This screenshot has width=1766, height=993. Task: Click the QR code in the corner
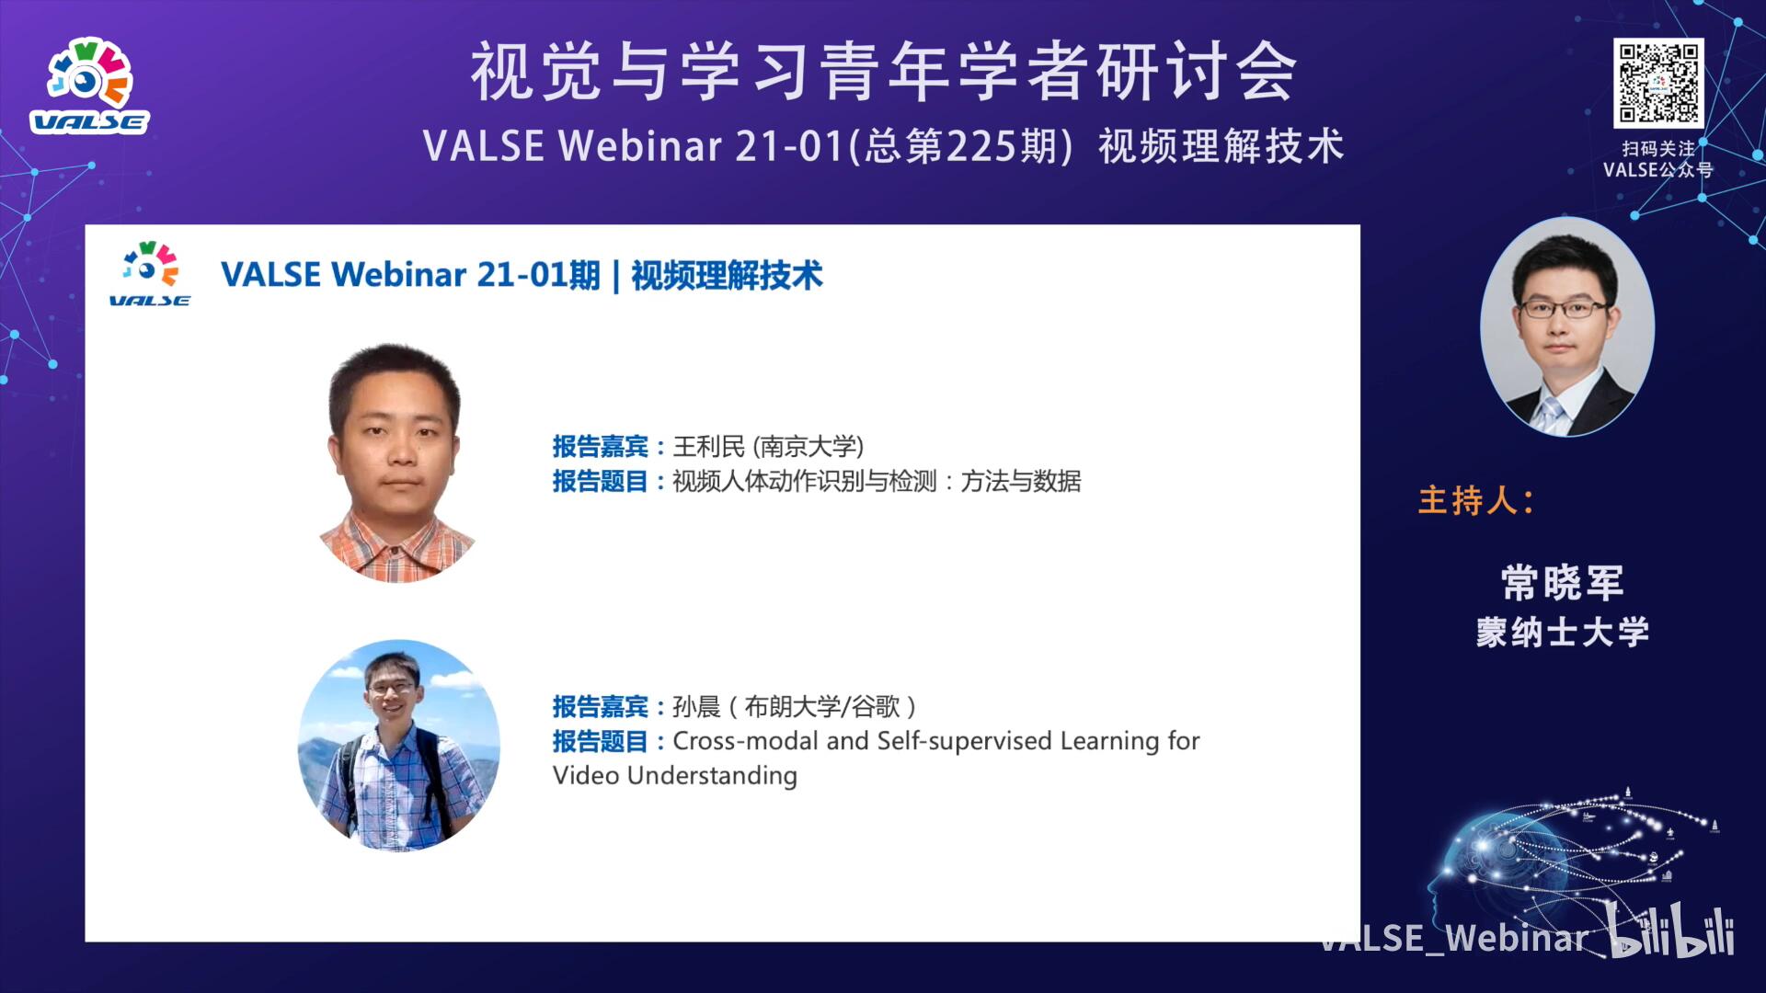coord(1658,83)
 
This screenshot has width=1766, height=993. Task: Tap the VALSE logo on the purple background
coord(89,86)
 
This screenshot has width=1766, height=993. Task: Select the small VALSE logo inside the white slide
coord(150,274)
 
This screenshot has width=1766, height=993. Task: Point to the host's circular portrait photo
coord(1567,326)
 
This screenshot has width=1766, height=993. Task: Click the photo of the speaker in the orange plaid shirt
coord(396,462)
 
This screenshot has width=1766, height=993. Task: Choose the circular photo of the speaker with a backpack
coord(399,745)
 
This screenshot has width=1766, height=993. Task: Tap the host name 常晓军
coord(1563,582)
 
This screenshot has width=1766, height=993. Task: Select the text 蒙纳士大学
coord(1563,633)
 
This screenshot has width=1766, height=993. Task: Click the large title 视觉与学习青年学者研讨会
coord(884,72)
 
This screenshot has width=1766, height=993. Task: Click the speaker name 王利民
coord(708,447)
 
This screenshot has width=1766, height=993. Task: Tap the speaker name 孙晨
coord(696,706)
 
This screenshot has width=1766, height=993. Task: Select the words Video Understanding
coord(675,776)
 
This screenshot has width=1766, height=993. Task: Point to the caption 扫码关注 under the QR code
coord(1658,148)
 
